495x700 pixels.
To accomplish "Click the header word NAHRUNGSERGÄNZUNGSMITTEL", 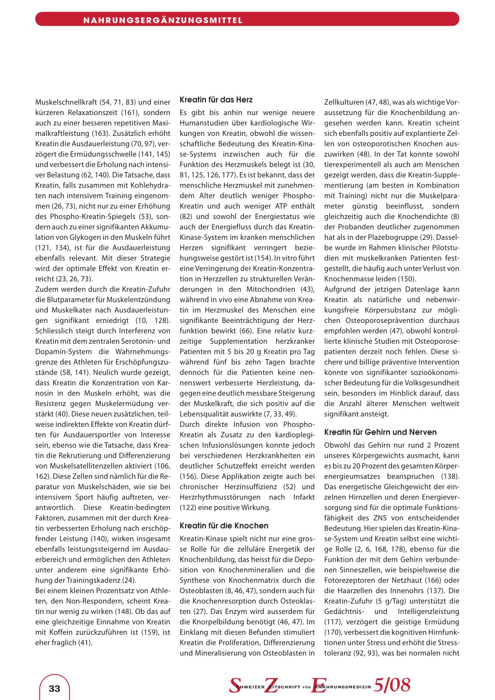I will point(163,20).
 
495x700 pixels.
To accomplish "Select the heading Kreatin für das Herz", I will point(216,100).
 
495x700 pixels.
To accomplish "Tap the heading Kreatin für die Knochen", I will point(224,525).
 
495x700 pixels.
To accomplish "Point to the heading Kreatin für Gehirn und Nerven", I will point(380,432).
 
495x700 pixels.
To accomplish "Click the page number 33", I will point(55,688).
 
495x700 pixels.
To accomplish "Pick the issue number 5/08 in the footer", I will point(392,685).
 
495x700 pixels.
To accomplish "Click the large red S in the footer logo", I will point(235,685).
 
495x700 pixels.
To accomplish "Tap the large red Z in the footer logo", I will point(271,685).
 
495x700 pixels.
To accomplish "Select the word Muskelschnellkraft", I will point(66,102).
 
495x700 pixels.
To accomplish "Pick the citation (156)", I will point(189,476).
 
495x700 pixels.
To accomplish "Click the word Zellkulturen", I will point(344,102).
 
